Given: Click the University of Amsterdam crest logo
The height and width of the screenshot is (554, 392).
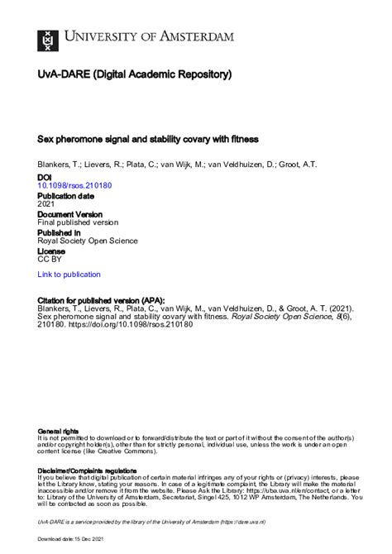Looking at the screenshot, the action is pyautogui.click(x=48, y=38).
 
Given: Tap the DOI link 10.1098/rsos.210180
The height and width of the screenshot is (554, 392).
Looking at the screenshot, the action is pyautogui.click(x=75, y=185).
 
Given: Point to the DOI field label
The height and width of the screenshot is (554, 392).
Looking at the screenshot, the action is pyautogui.click(x=45, y=177).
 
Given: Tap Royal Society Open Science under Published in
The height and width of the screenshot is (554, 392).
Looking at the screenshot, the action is pyautogui.click(x=88, y=241).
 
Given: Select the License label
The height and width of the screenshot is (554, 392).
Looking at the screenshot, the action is pyautogui.click(x=51, y=251).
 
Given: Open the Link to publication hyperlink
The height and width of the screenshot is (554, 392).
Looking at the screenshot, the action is pyautogui.click(x=69, y=275).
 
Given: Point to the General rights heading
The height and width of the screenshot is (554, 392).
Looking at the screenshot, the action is pyautogui.click(x=58, y=432).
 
